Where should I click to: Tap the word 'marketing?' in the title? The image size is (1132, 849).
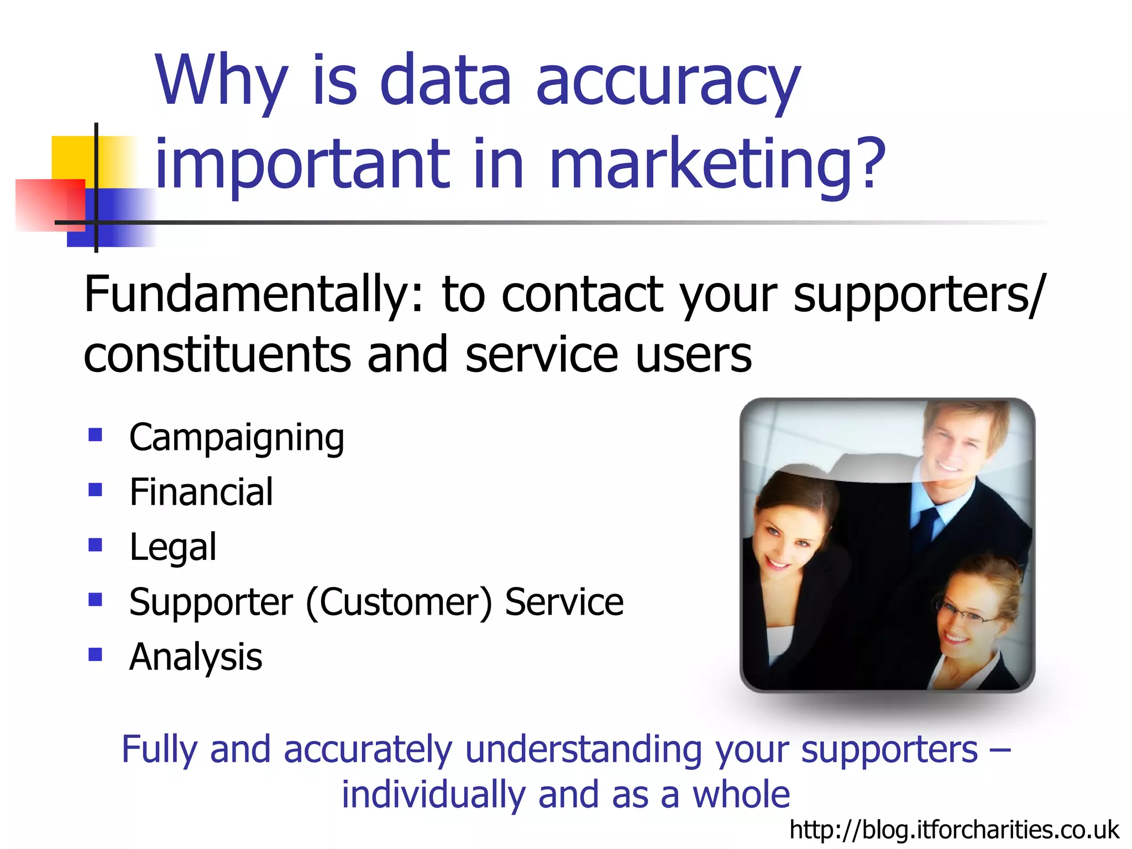[x=717, y=165]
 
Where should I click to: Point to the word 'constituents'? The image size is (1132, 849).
[x=217, y=355]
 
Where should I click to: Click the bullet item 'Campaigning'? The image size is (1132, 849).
[x=237, y=438]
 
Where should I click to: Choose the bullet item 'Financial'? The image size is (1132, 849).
[x=201, y=492]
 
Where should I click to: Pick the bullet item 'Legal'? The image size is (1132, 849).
[x=172, y=547]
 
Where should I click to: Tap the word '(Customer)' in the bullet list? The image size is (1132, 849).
[x=399, y=602]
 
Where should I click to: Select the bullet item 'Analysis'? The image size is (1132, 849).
[x=196, y=657]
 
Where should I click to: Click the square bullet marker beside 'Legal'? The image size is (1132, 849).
[x=96, y=546]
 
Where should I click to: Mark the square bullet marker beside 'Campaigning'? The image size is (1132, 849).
[x=96, y=435]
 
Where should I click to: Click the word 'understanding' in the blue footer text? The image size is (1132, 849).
[x=583, y=750]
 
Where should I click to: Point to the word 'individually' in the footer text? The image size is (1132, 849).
[x=432, y=795]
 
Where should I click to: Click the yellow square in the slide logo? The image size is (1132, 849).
[x=72, y=158]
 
